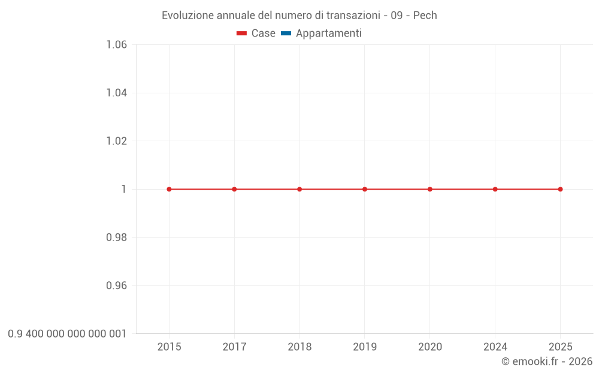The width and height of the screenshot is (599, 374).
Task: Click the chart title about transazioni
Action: [299, 16]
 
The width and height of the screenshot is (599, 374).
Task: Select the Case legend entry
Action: [256, 34]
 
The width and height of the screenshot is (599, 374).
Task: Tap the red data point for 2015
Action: [169, 189]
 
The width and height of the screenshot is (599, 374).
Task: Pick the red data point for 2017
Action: [234, 189]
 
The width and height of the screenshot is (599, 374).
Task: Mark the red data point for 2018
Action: [299, 189]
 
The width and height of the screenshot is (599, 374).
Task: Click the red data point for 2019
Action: [365, 189]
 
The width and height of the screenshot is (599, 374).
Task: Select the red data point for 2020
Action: [430, 189]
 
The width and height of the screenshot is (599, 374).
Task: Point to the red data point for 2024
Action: [495, 189]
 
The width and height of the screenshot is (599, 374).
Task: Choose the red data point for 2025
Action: [560, 189]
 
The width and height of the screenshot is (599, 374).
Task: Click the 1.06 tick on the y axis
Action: [116, 45]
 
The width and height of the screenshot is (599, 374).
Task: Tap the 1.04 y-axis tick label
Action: [116, 93]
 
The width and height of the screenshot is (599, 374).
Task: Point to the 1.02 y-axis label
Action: [116, 141]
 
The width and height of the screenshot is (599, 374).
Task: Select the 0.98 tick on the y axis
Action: [116, 238]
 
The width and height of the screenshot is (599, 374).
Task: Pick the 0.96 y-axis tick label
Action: [116, 285]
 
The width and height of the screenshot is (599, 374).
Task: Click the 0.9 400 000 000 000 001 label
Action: [67, 334]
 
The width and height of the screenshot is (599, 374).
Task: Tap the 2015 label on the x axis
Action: [169, 347]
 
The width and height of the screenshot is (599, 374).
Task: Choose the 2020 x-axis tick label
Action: [430, 347]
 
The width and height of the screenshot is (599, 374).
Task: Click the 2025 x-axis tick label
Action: [560, 347]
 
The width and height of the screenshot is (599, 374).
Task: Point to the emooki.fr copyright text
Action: [546, 361]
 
